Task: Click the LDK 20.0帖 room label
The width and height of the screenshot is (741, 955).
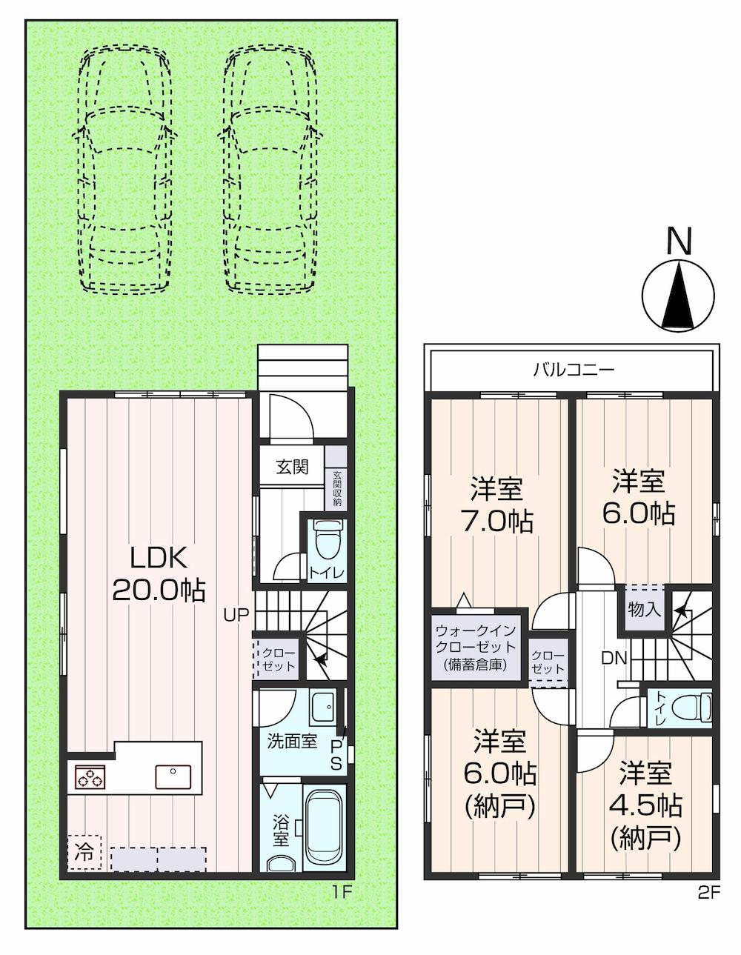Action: click(x=159, y=574)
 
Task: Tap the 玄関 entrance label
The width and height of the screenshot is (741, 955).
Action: click(x=292, y=467)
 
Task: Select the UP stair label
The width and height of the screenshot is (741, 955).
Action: click(x=236, y=615)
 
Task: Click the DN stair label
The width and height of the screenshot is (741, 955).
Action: click(x=614, y=658)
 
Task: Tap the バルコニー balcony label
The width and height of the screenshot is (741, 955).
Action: click(x=574, y=370)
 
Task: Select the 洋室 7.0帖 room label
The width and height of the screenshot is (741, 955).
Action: click(x=497, y=505)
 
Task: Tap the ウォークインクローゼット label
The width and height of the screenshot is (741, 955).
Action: click(x=476, y=648)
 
